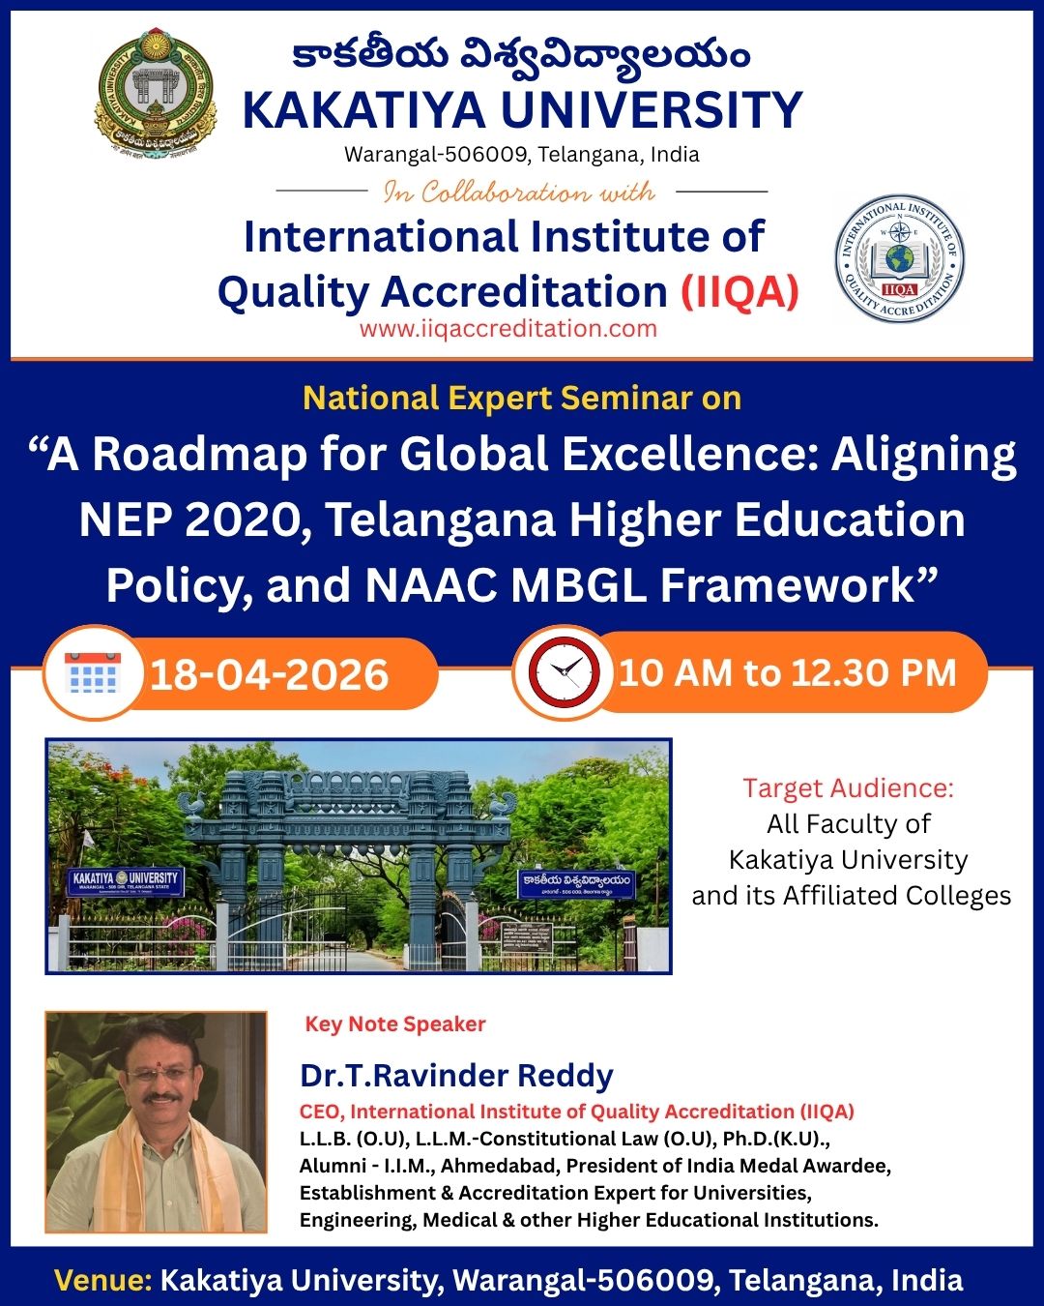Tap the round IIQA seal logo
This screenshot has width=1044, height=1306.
(x=899, y=258)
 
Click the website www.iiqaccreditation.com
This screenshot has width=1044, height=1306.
(x=508, y=329)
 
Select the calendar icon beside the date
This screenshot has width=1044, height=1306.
(x=92, y=672)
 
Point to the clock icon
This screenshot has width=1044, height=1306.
(x=563, y=672)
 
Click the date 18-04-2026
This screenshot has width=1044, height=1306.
(x=270, y=674)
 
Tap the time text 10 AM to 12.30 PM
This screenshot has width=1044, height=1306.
(x=787, y=672)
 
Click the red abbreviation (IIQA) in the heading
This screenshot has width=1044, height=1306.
(x=739, y=291)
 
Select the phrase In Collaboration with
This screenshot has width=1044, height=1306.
(x=520, y=193)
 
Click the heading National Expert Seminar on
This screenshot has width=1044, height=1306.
(x=522, y=398)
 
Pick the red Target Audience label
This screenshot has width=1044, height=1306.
(x=848, y=788)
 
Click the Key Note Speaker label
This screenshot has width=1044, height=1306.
(x=395, y=1024)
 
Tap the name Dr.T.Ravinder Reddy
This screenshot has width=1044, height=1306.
(x=456, y=1075)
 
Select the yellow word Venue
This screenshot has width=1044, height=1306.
(x=102, y=1280)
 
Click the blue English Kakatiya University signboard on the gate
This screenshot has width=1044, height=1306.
(x=126, y=881)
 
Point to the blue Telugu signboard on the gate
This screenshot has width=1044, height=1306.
(x=576, y=883)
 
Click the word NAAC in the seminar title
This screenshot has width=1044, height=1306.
(x=430, y=584)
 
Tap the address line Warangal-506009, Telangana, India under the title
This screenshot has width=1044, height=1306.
(x=522, y=155)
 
